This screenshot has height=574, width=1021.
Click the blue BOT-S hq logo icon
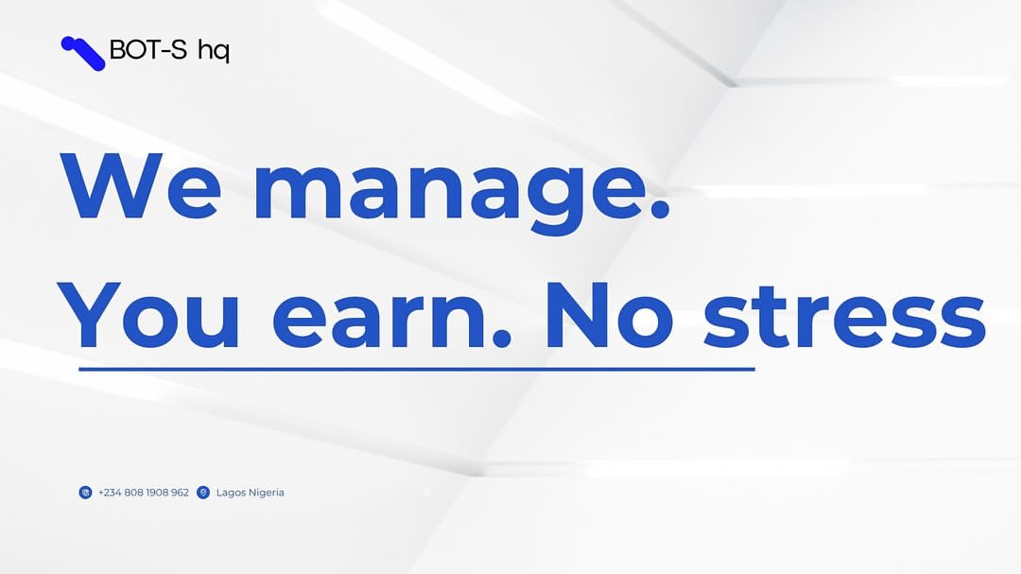pos(82,53)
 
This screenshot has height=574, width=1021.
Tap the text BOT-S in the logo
pos(148,49)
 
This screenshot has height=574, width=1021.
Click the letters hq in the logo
pos(214,51)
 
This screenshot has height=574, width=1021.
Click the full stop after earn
pos(501,338)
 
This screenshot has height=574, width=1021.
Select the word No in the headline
pos(610,315)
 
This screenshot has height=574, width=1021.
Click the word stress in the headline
pos(844,318)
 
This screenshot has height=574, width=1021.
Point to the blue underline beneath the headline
pos(417,369)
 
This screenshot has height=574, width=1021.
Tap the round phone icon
pos(85,493)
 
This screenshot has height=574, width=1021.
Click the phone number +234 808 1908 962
pos(144,493)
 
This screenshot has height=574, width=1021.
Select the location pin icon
pos(203,493)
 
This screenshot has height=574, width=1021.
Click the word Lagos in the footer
pos(230,494)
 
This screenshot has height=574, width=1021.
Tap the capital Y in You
pos(89,315)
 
